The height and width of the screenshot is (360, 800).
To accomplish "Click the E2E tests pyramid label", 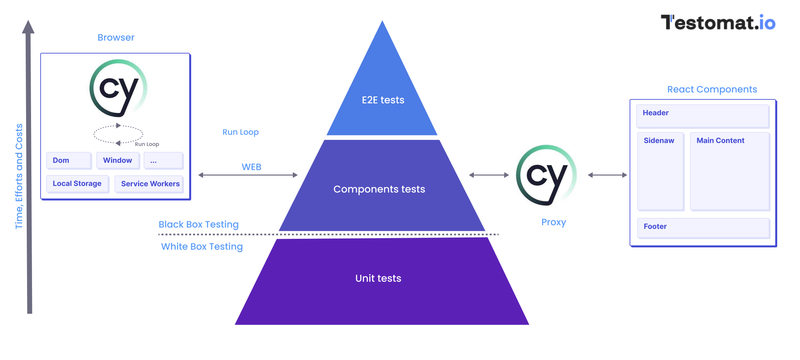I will [383, 100].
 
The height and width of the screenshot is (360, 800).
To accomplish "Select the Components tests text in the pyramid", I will [379, 189].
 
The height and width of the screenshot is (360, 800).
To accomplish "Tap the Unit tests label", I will [378, 278].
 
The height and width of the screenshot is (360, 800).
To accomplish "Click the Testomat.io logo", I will [718, 23].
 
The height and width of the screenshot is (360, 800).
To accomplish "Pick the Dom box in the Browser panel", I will [69, 161].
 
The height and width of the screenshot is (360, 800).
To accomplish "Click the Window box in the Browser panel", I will [118, 161].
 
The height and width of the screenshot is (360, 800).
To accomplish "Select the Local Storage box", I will [77, 184].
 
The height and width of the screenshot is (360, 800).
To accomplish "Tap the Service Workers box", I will [150, 184].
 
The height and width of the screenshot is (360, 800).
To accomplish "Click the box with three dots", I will [163, 161].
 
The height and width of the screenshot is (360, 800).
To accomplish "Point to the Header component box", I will [703, 116].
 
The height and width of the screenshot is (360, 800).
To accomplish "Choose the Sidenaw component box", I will [660, 171].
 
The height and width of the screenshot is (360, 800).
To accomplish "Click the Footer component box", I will [703, 228].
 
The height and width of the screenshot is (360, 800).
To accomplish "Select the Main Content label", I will [720, 141].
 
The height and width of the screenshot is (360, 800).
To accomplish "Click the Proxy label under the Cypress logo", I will [553, 222].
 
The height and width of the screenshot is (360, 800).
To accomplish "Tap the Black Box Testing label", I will [198, 225].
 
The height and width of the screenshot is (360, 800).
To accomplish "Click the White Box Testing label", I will [202, 247].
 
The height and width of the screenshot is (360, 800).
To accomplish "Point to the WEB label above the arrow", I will [251, 167].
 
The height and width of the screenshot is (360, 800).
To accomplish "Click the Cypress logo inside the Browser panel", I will [118, 89].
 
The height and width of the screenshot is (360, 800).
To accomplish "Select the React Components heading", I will [712, 90].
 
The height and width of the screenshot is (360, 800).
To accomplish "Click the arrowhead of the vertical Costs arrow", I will [28, 27].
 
